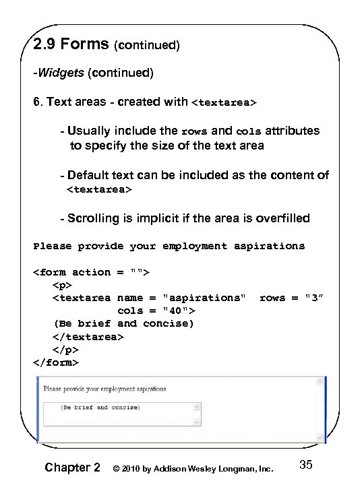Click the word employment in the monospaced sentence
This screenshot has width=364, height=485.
[x=198, y=246]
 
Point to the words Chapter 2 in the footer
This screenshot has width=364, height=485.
[x=72, y=467]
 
